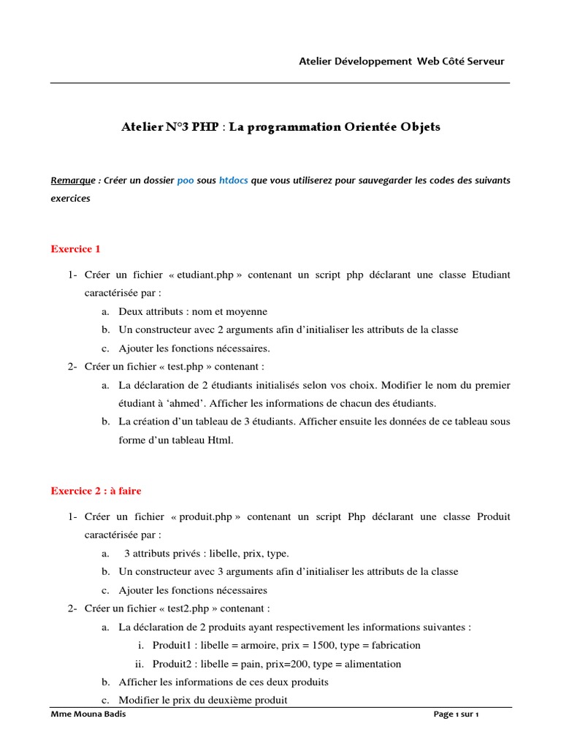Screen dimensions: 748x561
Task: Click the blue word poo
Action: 186,180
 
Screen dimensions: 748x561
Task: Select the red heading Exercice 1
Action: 75,249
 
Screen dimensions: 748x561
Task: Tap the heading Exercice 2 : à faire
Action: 96,491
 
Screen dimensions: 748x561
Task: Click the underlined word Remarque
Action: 73,180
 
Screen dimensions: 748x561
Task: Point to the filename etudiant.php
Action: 205,275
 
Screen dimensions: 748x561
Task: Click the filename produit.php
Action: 205,516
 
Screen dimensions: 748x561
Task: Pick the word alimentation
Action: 373,664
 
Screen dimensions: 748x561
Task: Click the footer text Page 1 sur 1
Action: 456,714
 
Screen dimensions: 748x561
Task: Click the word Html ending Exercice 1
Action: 220,440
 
